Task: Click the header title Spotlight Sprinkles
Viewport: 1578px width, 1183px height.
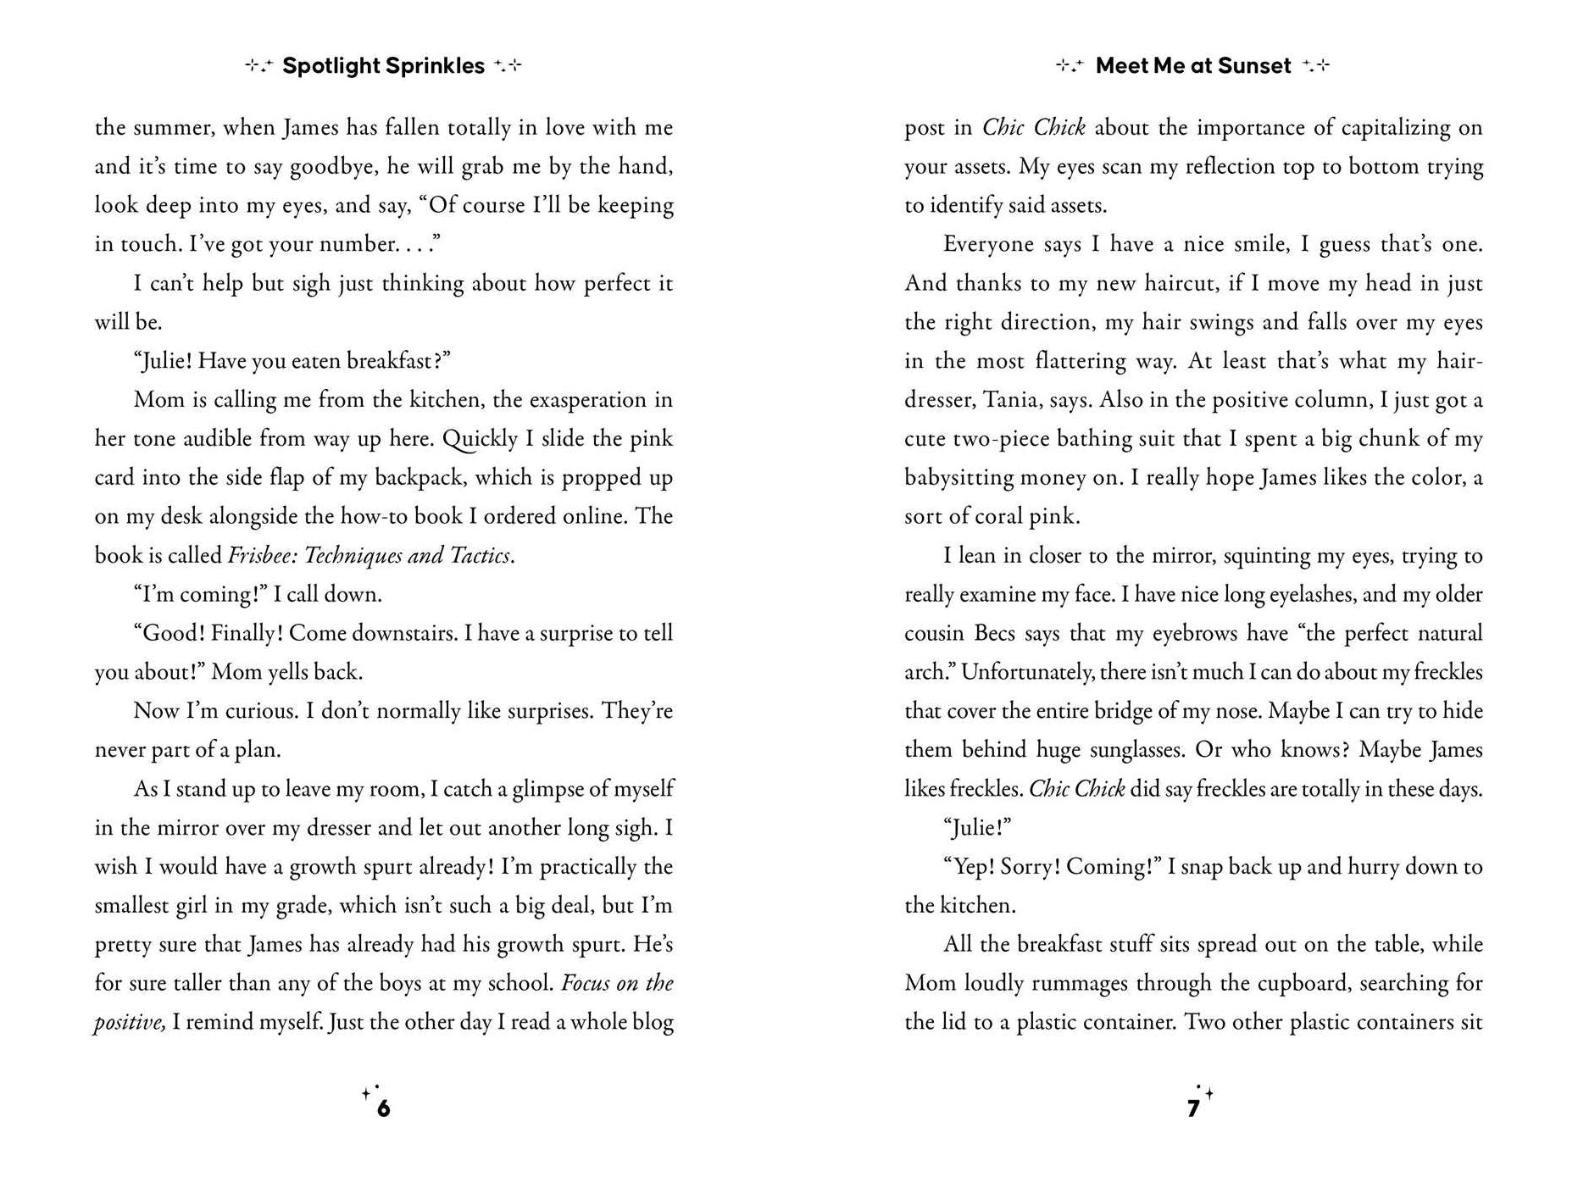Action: coord(383,66)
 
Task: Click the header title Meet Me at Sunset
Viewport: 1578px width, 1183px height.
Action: coord(1193,66)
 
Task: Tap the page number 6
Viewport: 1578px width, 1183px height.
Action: coord(383,1108)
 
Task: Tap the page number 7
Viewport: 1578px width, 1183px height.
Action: coord(1193,1108)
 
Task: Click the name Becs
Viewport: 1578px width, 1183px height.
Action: coord(996,634)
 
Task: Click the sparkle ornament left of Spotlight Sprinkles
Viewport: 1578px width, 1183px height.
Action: coord(259,66)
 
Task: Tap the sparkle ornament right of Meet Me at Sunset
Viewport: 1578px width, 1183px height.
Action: coord(1316,66)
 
